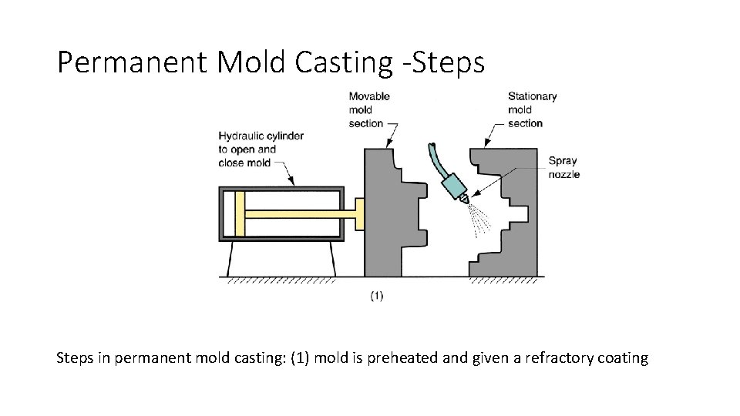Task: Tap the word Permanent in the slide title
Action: pyautogui.click(x=132, y=63)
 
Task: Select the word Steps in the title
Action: pyautogui.click(x=450, y=63)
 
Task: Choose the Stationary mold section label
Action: pyautogui.click(x=531, y=109)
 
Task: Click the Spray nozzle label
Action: pyautogui.click(x=563, y=167)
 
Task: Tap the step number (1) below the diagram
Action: pyautogui.click(x=377, y=296)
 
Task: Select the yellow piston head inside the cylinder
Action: pyautogui.click(x=240, y=213)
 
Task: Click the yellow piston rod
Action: pyautogui.click(x=297, y=213)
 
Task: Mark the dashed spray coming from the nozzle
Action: pyautogui.click(x=481, y=220)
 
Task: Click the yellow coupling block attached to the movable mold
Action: pyautogui.click(x=358, y=213)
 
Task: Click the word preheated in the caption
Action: pyautogui.click(x=394, y=358)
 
